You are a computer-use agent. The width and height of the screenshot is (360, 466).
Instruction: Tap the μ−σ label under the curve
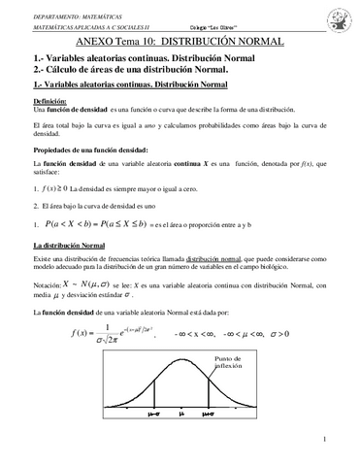click(x=151, y=415)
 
